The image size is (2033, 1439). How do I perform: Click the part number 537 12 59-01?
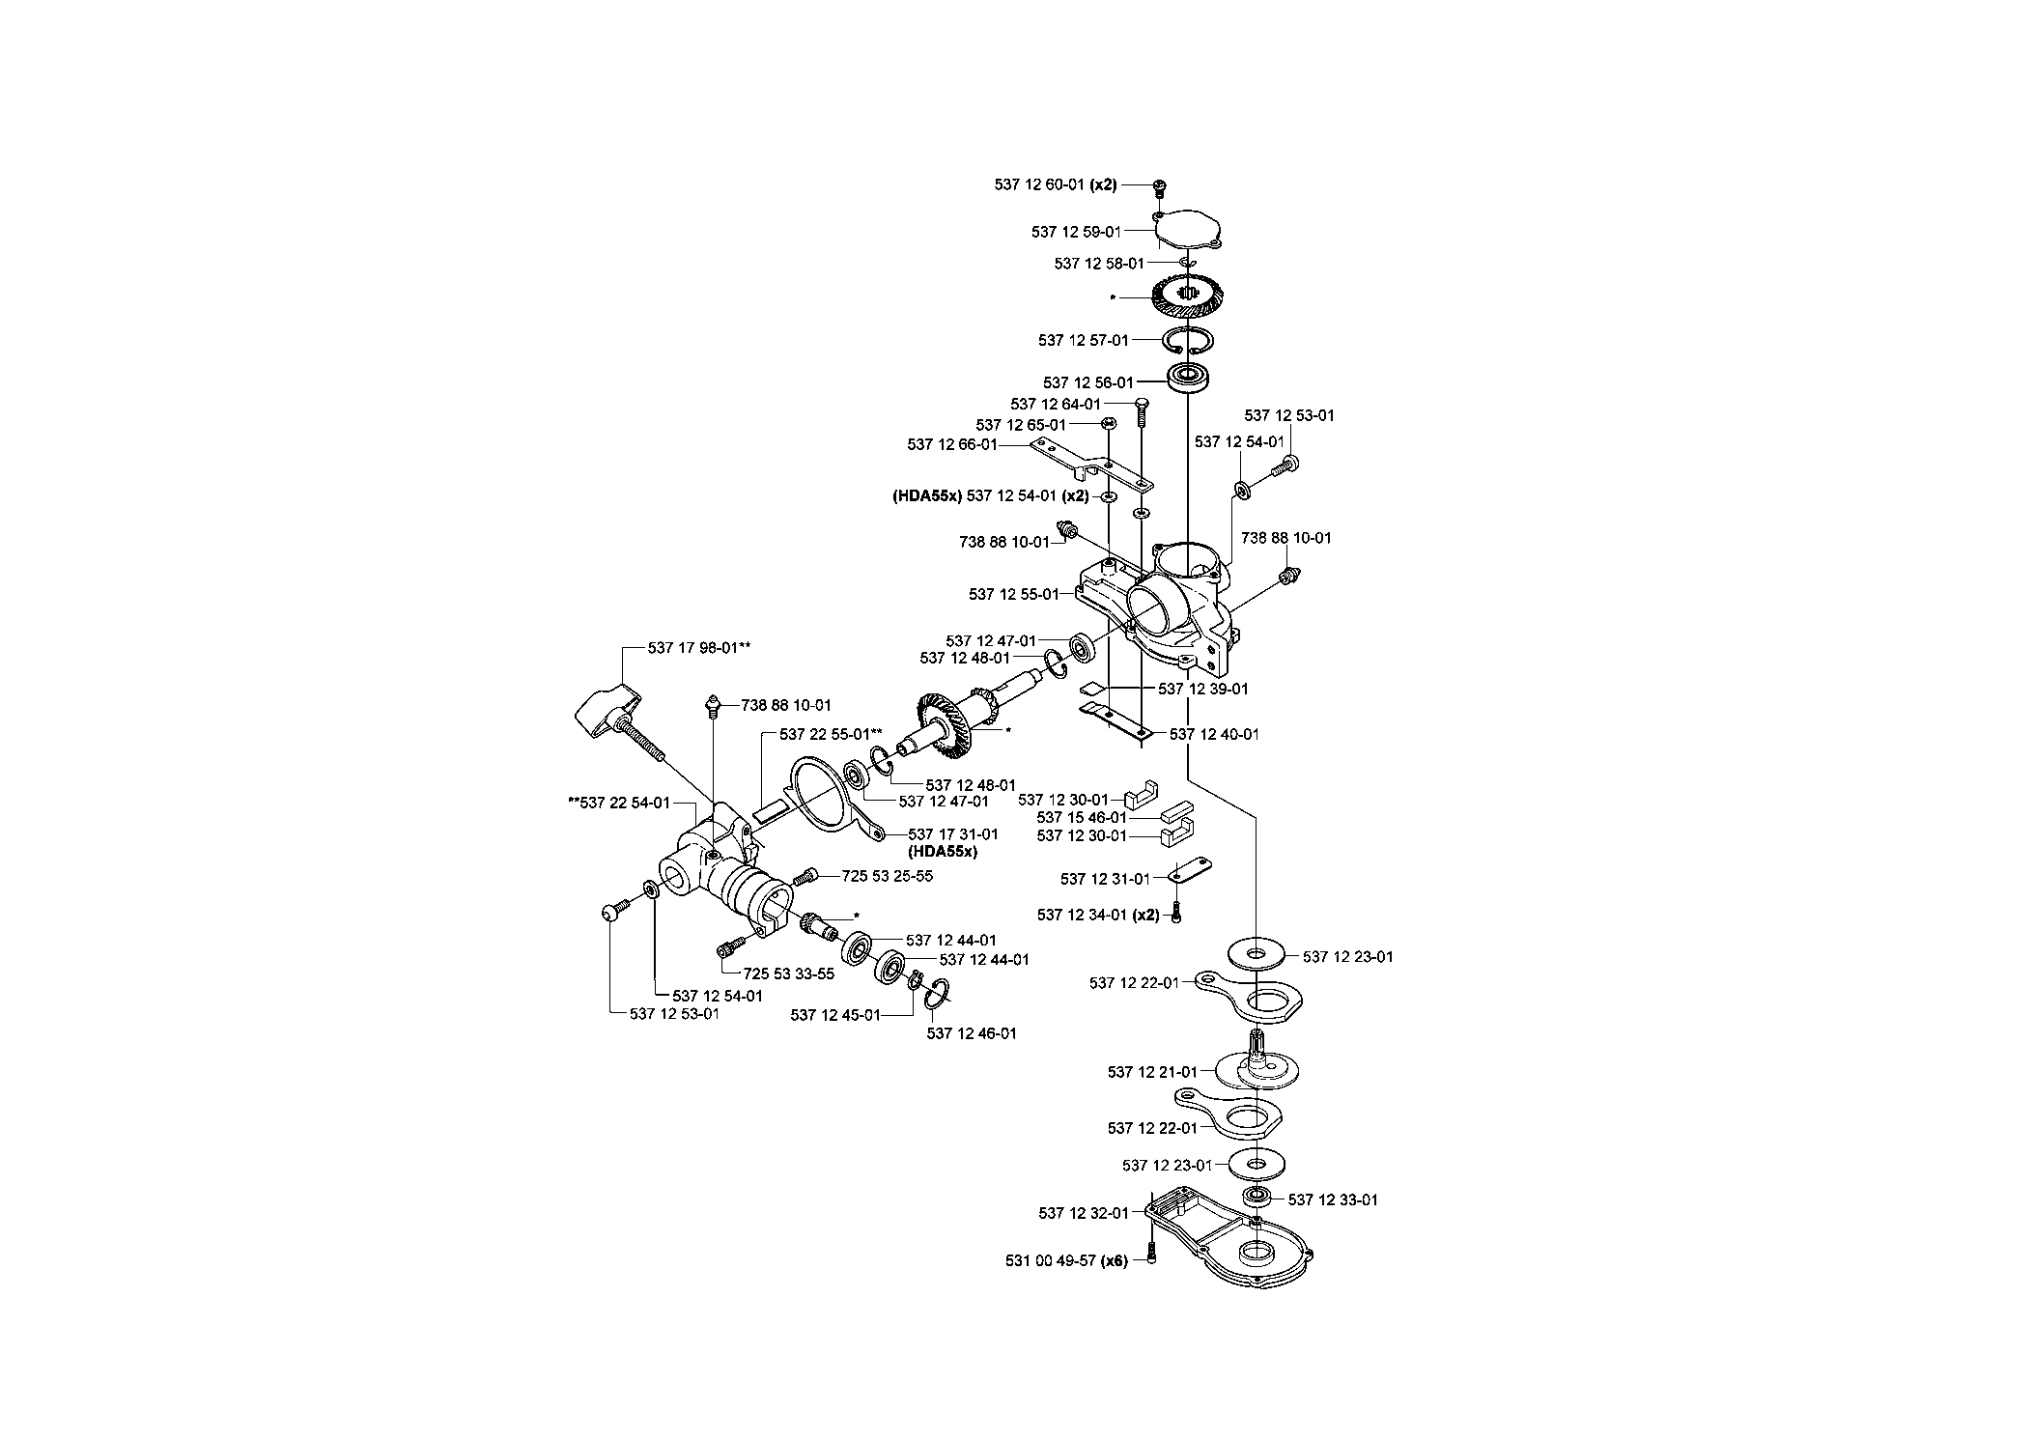1076,232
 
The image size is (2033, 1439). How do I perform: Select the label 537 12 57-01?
1084,340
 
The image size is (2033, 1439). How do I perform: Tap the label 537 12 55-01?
1014,594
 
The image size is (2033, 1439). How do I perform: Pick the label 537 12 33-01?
1333,1199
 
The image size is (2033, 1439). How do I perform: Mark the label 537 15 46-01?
1082,817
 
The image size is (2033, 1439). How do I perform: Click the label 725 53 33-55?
789,973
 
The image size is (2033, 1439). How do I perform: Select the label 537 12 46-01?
972,1033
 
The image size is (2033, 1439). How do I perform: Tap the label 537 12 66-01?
952,444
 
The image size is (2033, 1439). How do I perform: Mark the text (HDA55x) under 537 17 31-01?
943,852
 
